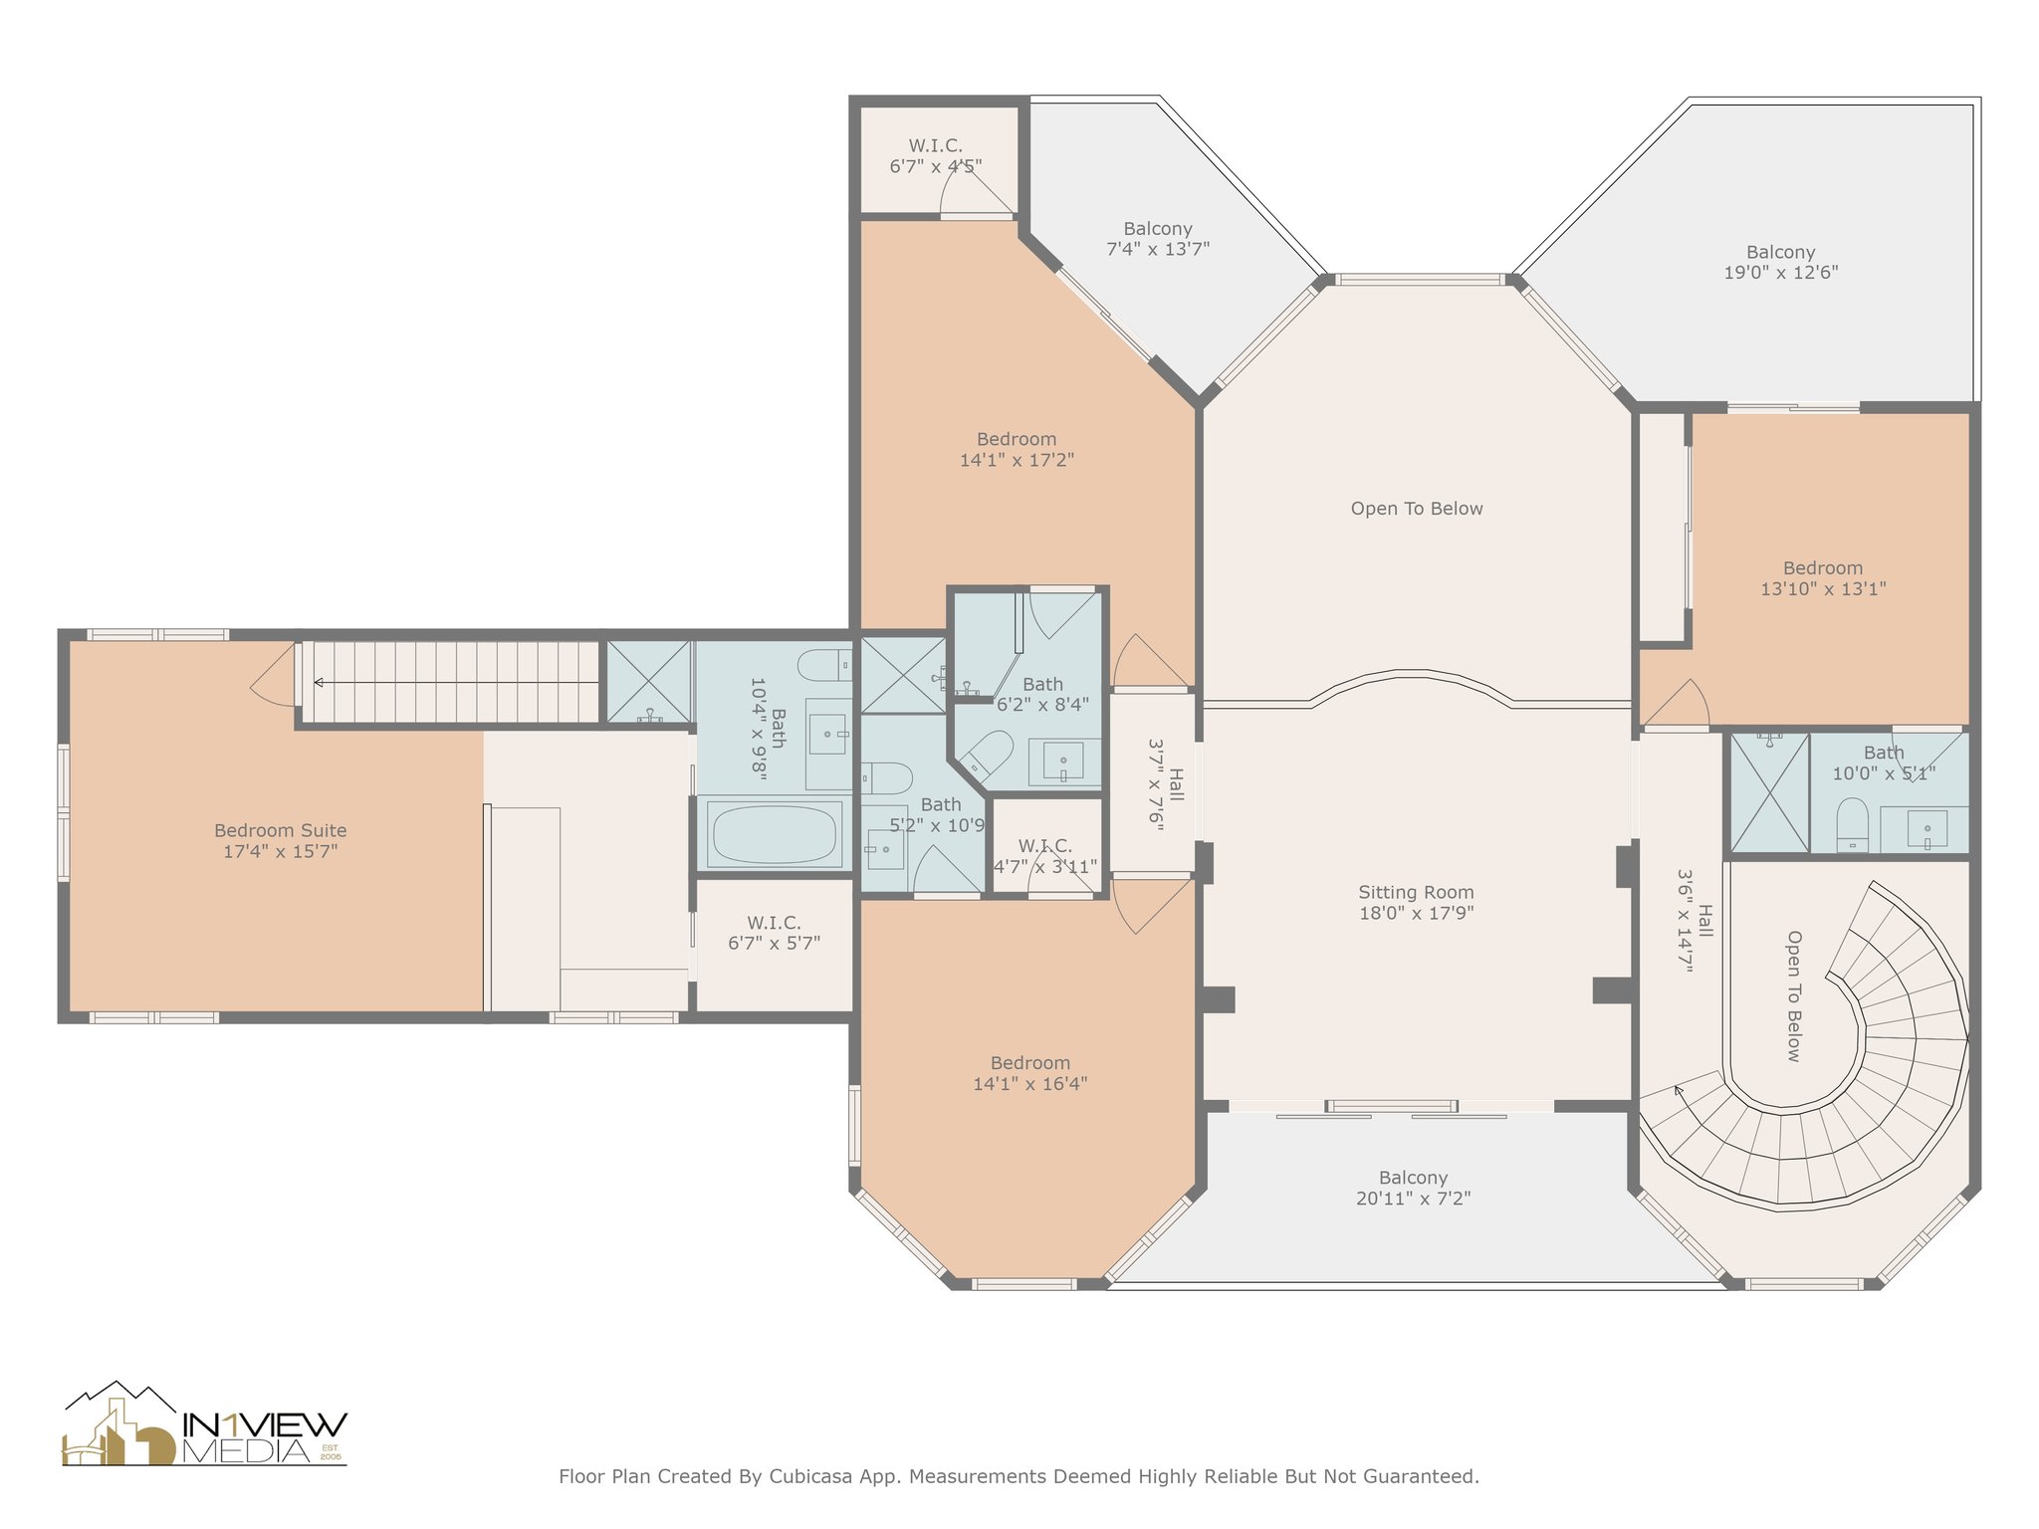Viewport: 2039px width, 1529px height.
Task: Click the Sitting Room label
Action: coord(1416,903)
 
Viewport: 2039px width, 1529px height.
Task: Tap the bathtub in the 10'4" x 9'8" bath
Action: coord(775,834)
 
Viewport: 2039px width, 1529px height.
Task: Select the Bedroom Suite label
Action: coord(281,840)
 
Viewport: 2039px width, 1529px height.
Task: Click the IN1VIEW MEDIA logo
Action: coord(205,1425)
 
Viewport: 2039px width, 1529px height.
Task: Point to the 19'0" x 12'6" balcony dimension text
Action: coord(1780,272)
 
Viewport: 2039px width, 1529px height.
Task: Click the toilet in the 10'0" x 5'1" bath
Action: coord(1852,823)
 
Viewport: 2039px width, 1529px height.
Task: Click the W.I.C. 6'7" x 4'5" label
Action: coord(936,156)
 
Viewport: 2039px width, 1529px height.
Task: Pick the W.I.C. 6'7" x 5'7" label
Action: coord(774,933)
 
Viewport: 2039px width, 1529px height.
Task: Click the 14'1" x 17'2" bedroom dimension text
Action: coord(1017,460)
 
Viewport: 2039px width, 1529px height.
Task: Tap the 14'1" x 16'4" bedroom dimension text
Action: coord(1029,1083)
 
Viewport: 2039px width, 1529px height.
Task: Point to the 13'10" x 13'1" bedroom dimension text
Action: coord(1823,588)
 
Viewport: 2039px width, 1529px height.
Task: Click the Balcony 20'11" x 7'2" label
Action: coord(1413,1188)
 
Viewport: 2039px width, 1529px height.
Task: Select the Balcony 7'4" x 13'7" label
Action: coord(1158,239)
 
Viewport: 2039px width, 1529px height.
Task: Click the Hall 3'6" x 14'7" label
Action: coord(1695,921)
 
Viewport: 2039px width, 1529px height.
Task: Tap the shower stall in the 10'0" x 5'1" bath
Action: coord(1769,793)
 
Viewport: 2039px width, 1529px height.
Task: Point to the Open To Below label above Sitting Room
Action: coord(1417,509)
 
